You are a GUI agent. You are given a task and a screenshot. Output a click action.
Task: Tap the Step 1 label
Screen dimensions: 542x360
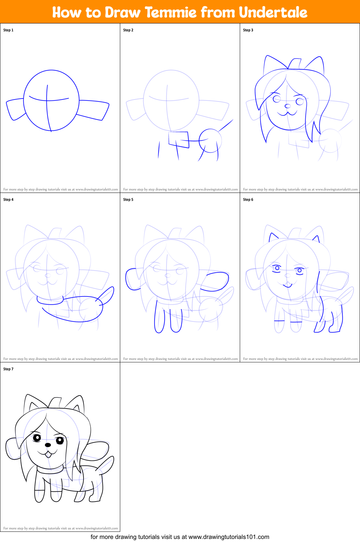click(8, 30)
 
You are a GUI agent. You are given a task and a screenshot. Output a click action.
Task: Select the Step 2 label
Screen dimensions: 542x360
click(128, 30)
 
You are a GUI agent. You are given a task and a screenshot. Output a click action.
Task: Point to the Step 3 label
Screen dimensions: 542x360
click(248, 30)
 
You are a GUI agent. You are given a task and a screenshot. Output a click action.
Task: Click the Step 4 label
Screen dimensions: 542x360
click(8, 200)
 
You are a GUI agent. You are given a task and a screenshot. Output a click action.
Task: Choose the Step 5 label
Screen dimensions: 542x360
click(128, 200)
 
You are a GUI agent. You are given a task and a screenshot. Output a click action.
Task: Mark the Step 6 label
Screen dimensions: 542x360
click(248, 200)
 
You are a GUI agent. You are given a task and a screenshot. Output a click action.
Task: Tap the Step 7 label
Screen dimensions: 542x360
click(8, 369)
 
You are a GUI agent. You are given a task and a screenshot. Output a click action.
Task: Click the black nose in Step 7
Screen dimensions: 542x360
click(48, 445)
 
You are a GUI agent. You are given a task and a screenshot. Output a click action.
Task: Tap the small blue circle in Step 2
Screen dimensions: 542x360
click(210, 141)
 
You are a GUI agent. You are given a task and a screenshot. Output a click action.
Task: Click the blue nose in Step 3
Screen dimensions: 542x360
click(288, 106)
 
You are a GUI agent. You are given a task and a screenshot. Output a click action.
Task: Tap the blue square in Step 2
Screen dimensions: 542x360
click(179, 140)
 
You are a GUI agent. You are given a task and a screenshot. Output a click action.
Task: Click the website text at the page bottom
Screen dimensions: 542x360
click(180, 537)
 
